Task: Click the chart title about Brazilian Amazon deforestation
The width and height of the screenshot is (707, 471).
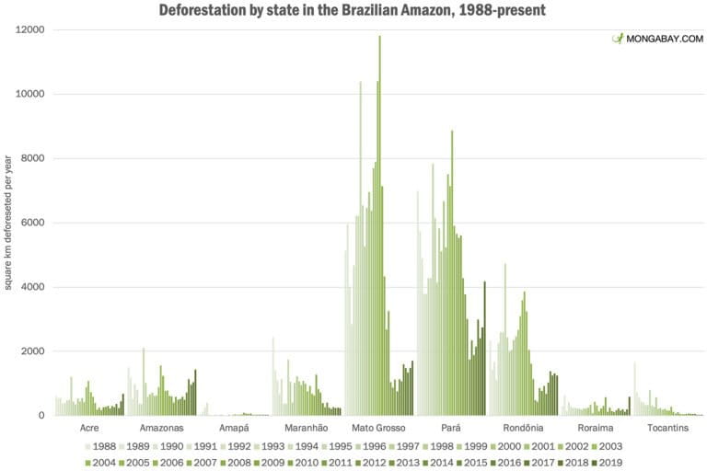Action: pos(353,10)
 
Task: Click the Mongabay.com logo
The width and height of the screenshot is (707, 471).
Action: pos(657,39)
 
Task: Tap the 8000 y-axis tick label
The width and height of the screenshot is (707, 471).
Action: pos(34,158)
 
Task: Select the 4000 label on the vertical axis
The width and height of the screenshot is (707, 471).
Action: pos(34,287)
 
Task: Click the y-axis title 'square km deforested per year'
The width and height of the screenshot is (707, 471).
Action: pos(8,223)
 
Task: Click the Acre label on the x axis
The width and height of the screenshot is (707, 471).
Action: pos(89,428)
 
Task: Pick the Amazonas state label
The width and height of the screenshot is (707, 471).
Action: pos(161,428)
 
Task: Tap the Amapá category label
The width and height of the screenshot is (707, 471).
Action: pos(233,428)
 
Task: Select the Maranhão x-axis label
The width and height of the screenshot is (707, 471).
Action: pos(304,428)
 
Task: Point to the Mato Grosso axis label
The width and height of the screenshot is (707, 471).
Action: pos(377,428)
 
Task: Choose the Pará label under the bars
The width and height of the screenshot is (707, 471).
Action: pos(450,428)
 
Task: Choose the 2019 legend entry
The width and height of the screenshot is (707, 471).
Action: pos(608,462)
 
